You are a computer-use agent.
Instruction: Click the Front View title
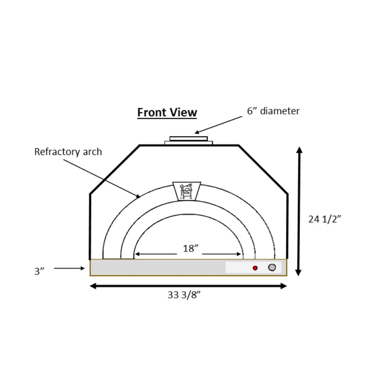(167, 112)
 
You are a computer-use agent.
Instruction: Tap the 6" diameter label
(273, 111)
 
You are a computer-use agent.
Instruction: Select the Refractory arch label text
(68, 152)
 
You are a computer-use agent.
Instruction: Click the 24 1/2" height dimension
(324, 219)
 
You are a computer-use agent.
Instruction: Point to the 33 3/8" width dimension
(184, 295)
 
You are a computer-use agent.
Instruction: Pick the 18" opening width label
(191, 248)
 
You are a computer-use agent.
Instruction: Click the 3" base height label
(39, 271)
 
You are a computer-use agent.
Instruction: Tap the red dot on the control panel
(255, 268)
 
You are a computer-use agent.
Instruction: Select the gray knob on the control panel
(272, 268)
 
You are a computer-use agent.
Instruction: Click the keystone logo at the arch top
(186, 191)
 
